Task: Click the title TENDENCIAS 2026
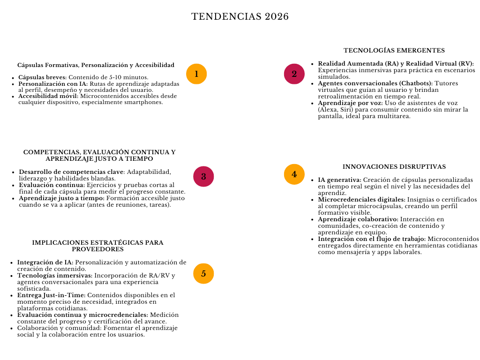pos(240,17)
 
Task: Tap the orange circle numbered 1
pos(196,74)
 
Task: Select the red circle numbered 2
pos(294,74)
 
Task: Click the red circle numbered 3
pos(203,177)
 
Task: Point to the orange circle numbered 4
pos(294,174)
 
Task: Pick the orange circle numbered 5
pos(203,274)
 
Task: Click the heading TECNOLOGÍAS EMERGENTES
pos(394,51)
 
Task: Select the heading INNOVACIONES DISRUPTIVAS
pos(394,167)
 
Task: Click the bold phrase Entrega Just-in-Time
pos(51,295)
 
